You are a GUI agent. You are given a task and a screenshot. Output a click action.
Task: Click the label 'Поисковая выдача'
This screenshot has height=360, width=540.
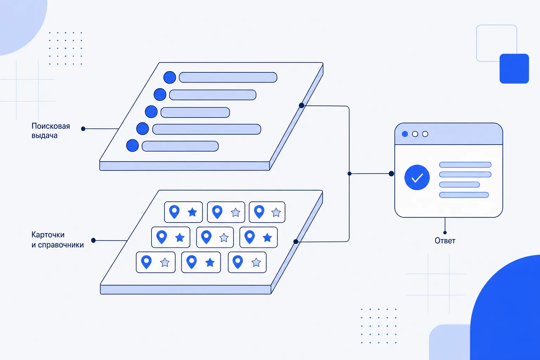click(51, 130)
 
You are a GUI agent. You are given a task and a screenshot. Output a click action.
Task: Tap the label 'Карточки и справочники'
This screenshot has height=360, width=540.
click(58, 240)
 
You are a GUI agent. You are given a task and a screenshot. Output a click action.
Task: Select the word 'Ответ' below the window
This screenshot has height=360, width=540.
click(445, 240)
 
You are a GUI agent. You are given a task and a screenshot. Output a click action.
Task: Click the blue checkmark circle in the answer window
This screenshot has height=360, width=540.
click(417, 178)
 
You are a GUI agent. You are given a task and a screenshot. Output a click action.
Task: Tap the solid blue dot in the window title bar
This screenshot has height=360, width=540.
click(405, 134)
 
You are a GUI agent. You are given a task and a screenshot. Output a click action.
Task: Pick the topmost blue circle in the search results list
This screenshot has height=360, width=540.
click(170, 77)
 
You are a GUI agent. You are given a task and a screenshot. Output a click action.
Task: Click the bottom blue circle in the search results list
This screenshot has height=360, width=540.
click(132, 146)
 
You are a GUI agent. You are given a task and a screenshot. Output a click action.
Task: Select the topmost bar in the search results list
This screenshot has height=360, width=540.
click(228, 77)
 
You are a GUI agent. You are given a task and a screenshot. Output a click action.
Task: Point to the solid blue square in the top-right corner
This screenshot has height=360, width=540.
click(514, 69)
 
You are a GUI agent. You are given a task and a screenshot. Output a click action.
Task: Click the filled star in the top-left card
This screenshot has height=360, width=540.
click(192, 212)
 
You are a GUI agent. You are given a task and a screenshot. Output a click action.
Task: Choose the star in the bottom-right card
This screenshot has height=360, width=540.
click(256, 262)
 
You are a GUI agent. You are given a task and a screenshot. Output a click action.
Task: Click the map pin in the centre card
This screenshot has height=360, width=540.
click(206, 237)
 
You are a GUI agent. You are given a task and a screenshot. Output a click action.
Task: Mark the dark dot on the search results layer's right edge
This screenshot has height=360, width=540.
click(302, 105)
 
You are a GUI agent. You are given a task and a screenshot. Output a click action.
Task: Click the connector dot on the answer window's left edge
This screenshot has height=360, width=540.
click(392, 174)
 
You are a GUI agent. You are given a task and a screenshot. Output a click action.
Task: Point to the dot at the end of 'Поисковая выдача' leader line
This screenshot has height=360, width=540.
click(83, 129)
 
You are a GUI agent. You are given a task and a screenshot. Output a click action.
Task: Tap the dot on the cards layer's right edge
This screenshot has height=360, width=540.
click(296, 242)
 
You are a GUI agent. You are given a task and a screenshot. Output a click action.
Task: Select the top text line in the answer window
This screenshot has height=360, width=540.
click(465, 165)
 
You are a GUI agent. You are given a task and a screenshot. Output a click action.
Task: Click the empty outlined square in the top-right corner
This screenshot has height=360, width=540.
click(497, 43)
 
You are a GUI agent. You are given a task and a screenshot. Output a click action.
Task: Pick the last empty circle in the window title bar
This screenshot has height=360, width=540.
click(425, 134)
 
